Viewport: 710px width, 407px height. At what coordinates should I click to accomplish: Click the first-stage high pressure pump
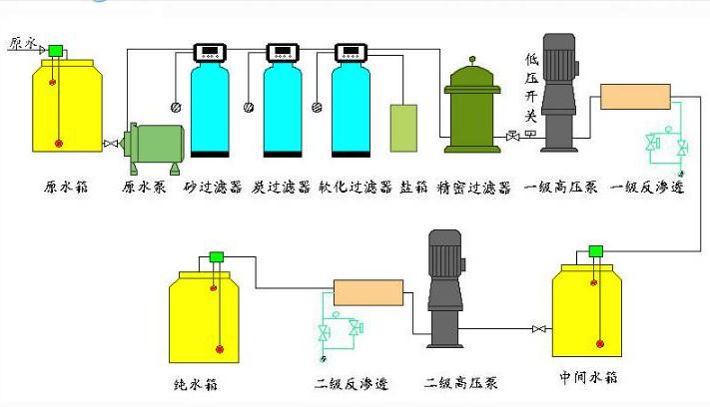pos(560,95)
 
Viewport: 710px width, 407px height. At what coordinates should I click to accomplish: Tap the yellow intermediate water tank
pos(595,308)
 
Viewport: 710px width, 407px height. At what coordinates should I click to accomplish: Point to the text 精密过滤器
pos(474,187)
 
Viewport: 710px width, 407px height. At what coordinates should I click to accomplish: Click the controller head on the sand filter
pos(211,53)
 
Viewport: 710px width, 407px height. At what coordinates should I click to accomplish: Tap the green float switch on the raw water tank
pos(55,50)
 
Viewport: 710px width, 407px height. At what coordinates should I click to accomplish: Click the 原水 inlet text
pos(22,43)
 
